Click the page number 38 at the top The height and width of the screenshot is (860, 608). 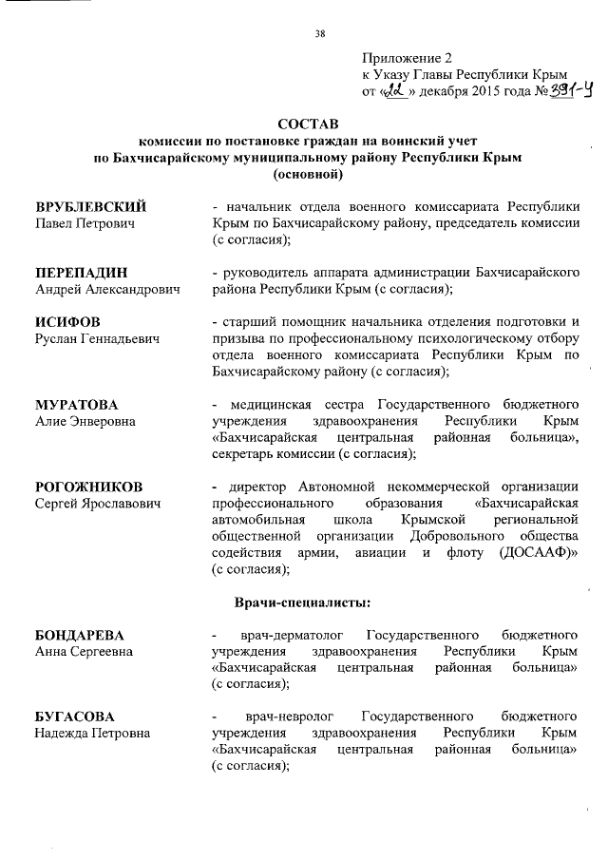[x=320, y=34]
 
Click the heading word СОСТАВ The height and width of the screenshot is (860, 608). [x=307, y=124]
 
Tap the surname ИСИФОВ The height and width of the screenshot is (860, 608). [x=67, y=321]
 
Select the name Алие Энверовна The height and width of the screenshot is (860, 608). [x=85, y=421]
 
